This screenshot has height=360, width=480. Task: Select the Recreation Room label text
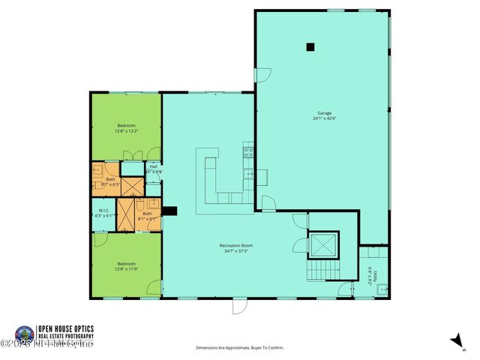click(x=235, y=248)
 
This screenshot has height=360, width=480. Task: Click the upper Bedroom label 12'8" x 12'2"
click(x=126, y=127)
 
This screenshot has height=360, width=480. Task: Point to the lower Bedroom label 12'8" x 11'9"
click(x=126, y=266)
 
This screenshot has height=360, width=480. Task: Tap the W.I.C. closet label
click(x=103, y=212)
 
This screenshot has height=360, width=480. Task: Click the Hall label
click(x=153, y=169)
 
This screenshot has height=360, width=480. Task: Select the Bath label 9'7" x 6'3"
click(x=110, y=181)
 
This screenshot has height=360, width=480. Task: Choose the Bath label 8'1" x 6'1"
click(x=147, y=217)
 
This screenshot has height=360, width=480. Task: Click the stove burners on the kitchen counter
click(x=248, y=154)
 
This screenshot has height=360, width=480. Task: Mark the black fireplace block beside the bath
click(x=170, y=211)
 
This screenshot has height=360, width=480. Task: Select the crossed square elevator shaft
click(x=324, y=243)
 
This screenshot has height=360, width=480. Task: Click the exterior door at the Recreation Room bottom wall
click(x=238, y=305)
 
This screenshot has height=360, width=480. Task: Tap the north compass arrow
click(x=454, y=341)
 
